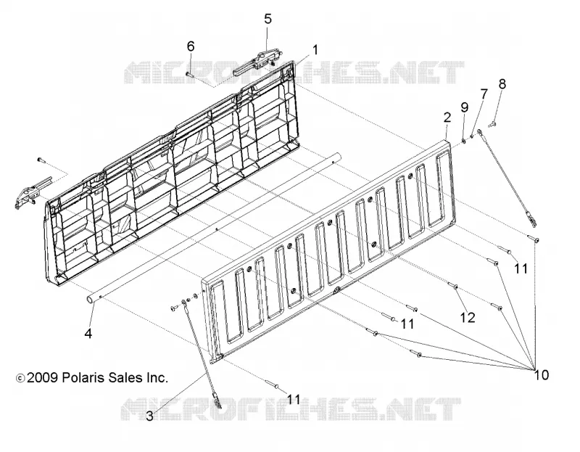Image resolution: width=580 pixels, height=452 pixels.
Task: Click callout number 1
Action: pyautogui.click(x=315, y=49)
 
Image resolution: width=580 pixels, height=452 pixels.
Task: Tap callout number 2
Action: pyautogui.click(x=447, y=118)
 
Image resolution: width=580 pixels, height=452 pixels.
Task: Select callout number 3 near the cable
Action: pyautogui.click(x=149, y=416)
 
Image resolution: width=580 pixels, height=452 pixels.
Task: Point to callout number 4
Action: pyautogui.click(x=88, y=334)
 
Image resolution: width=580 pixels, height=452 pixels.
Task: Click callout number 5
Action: pyautogui.click(x=268, y=19)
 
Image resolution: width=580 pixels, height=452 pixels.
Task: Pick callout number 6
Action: pyautogui.click(x=191, y=46)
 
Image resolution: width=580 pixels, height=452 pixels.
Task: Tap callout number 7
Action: pyautogui.click(x=484, y=94)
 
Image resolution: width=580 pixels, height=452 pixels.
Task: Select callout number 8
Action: pyautogui.click(x=502, y=84)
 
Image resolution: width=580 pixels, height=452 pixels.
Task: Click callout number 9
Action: pyautogui.click(x=464, y=107)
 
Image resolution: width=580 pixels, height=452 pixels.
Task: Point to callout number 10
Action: pyautogui.click(x=542, y=375)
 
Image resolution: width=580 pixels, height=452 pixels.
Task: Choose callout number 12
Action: pyautogui.click(x=468, y=317)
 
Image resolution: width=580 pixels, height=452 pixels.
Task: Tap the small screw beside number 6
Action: pyautogui.click(x=190, y=74)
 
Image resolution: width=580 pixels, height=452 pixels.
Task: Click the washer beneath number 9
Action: pyautogui.click(x=464, y=141)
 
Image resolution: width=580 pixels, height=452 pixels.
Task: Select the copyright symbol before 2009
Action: pyautogui.click(x=20, y=378)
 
